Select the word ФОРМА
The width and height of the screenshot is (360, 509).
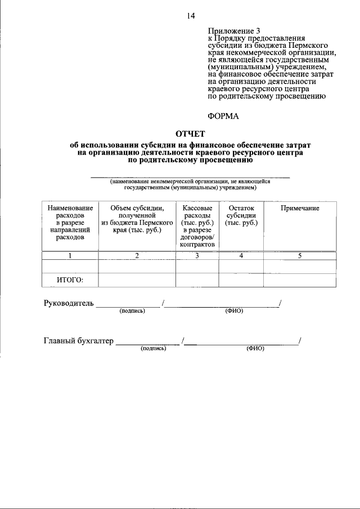coord(223,116)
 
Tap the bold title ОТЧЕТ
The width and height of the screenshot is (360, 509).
coord(191,133)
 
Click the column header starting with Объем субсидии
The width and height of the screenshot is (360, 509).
coord(137,219)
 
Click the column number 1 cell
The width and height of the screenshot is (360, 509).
coord(70,256)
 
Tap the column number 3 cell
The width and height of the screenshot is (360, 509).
coord(197,256)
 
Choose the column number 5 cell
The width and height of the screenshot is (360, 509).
coord(300,256)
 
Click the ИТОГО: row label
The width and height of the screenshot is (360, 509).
coord(70,280)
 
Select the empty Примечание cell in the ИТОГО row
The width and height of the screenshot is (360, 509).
coord(300,280)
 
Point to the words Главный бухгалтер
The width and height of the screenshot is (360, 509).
coord(78,340)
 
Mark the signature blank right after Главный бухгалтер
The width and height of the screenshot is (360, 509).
coord(147,341)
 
